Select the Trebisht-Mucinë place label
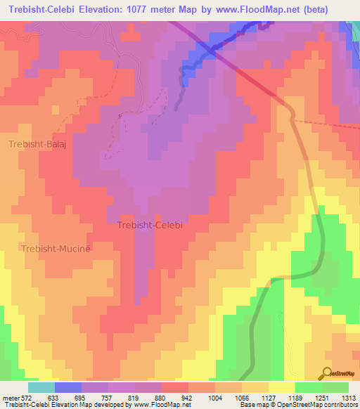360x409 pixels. pos(56,249)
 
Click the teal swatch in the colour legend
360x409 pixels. pos(41,387)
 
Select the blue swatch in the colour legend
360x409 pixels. pos(68,387)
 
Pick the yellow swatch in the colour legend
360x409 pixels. pos(282,387)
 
